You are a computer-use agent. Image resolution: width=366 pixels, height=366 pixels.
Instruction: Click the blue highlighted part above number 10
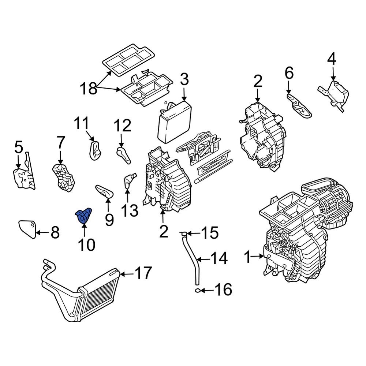click(x=83, y=214)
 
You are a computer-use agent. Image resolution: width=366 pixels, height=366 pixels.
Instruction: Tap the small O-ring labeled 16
click(x=197, y=291)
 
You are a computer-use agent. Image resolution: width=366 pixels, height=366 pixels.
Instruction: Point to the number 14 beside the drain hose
click(x=219, y=259)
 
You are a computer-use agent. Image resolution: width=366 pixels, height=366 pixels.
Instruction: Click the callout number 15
click(x=210, y=233)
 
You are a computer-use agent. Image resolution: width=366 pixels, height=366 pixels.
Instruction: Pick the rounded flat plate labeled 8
click(x=27, y=228)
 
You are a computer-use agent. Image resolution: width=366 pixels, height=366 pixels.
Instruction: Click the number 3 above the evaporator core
click(x=184, y=79)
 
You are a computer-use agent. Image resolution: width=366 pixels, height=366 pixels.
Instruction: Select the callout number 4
click(x=331, y=59)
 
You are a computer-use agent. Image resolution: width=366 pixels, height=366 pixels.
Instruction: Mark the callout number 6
click(x=289, y=74)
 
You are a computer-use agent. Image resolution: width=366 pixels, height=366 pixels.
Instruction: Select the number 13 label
click(x=130, y=210)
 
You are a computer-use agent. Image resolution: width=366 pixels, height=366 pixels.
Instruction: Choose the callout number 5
click(x=19, y=147)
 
